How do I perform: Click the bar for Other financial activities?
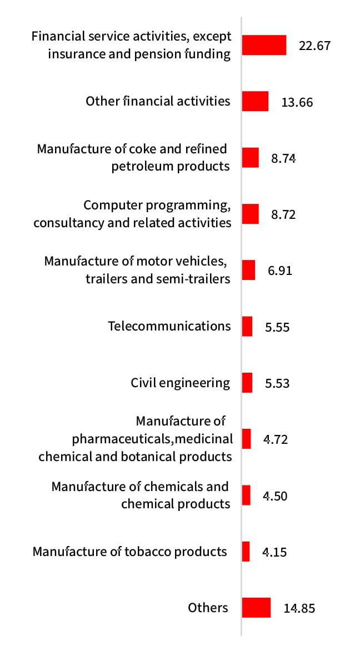click(255, 102)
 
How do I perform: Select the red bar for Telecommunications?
click(247, 326)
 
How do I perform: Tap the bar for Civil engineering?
click(247, 383)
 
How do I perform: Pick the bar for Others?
click(256, 608)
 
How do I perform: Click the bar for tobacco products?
click(246, 552)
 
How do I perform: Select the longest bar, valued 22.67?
click(264, 45)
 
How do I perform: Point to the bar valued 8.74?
click(251, 158)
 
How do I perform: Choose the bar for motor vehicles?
click(248, 270)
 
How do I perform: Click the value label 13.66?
click(297, 102)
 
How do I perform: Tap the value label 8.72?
click(283, 214)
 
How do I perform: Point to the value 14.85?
click(299, 608)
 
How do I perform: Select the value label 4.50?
click(275, 496)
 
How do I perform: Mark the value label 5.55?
click(277, 327)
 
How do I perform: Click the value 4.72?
click(276, 439)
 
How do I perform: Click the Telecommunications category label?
click(169, 326)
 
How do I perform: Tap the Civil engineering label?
click(180, 383)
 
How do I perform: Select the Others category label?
click(208, 608)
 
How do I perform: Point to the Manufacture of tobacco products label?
click(130, 552)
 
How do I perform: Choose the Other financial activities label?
click(158, 101)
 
